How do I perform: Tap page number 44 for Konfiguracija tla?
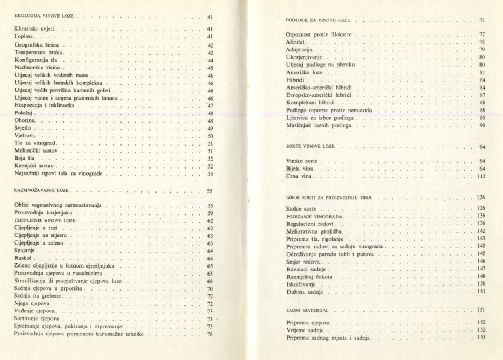[x=210, y=60]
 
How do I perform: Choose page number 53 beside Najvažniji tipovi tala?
[x=210, y=174]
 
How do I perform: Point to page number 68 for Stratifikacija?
[x=210, y=281]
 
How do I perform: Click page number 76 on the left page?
[x=210, y=334]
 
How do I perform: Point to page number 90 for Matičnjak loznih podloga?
[x=482, y=126]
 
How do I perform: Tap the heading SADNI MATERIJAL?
[x=307, y=310]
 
